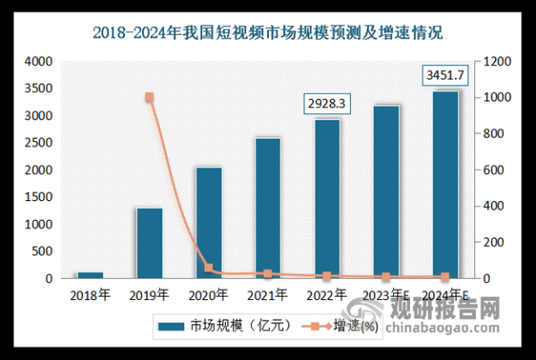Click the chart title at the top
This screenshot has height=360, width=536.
coord(268,34)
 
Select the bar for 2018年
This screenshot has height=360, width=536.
coord(90,275)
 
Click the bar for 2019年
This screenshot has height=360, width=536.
coord(149,243)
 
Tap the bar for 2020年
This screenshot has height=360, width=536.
coord(208,222)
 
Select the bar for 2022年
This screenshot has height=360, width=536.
coord(326,198)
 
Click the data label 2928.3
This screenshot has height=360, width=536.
coord(326,105)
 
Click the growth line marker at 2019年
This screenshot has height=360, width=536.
coord(149,97)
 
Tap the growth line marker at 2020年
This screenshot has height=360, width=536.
coord(208,268)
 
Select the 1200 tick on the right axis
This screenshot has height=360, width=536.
coord(497,62)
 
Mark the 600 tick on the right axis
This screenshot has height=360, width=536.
coord(494,170)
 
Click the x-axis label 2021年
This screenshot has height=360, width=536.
coord(267,293)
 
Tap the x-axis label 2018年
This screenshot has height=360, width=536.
coord(90,293)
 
